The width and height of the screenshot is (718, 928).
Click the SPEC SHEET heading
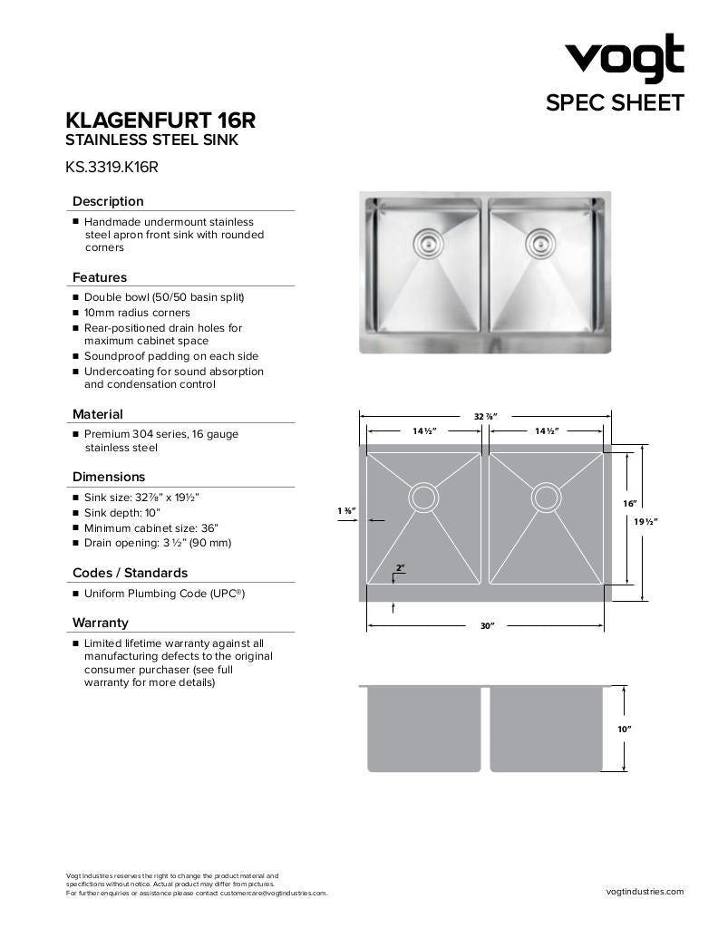[x=615, y=103]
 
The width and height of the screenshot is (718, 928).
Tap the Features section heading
[x=100, y=277]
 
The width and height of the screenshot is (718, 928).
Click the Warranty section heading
[x=101, y=623]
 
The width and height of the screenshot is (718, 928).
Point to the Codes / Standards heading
[x=131, y=573]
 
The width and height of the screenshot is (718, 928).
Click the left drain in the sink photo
[x=425, y=242]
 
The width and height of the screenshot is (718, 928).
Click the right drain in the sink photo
[x=539, y=242]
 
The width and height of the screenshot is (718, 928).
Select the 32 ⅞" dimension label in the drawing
[x=485, y=416]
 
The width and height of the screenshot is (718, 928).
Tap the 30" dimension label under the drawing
[x=487, y=626]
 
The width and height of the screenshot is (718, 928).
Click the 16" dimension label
[x=630, y=503]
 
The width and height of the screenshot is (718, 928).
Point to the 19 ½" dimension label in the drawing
[x=645, y=521]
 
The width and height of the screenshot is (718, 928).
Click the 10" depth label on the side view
[x=624, y=729]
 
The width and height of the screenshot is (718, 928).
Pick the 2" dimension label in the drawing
[x=400, y=568]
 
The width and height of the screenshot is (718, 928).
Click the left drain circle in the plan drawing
[x=423, y=497]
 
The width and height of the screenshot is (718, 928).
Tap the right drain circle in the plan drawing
[x=546, y=497]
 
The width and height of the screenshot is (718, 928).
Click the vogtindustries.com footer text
[x=645, y=892]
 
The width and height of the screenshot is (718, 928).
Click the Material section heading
[x=98, y=414]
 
